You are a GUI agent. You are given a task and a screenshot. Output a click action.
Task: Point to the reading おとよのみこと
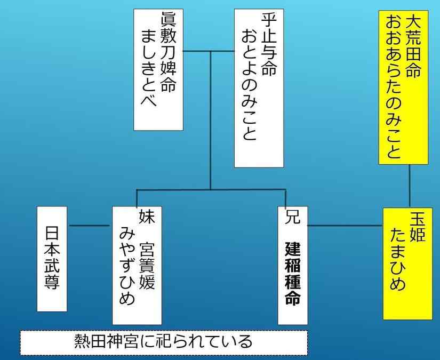click(249, 85)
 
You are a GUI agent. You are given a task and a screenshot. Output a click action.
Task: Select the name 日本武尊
click(52, 259)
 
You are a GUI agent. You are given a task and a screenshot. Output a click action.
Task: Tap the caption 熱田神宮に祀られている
click(163, 341)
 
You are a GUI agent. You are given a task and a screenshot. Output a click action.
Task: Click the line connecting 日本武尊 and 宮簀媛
click(90, 226)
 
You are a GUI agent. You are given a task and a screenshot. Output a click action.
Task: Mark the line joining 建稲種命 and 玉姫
click(345, 226)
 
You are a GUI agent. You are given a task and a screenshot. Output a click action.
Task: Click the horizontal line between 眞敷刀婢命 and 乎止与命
click(209, 51)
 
